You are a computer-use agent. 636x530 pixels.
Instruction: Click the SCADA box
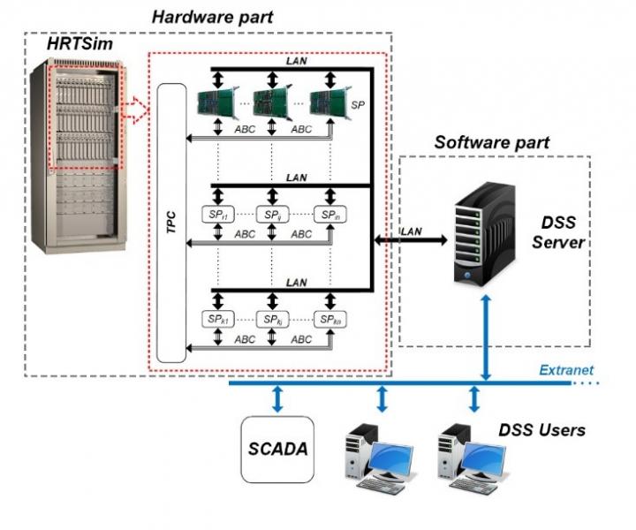pyautogui.click(x=277, y=448)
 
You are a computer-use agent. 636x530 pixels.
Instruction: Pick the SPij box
pyautogui.click(x=271, y=214)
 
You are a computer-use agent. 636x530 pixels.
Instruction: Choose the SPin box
pyautogui.click(x=329, y=214)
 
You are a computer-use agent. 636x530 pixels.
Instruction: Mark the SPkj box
pyautogui.click(x=271, y=319)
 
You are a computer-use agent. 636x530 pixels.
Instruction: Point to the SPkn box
pyautogui.click(x=329, y=319)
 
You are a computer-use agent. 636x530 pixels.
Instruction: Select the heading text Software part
pyautogui.click(x=491, y=141)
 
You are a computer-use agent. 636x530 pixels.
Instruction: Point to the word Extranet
pyautogui.click(x=566, y=370)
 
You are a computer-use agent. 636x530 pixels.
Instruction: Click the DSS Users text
pyautogui.click(x=541, y=430)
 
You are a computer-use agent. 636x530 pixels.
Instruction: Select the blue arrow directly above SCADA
pyautogui.click(x=277, y=398)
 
